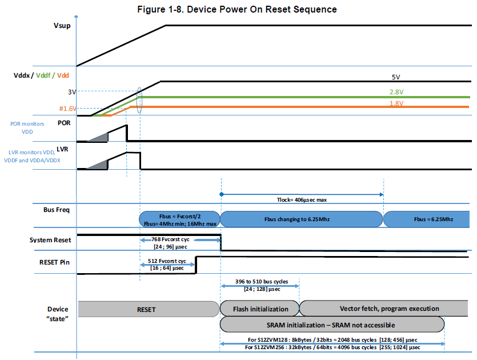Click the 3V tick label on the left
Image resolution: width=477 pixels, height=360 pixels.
coord(71,91)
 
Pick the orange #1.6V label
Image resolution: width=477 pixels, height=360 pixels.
coord(67,108)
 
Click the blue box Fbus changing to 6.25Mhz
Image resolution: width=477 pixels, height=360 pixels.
coord(301,219)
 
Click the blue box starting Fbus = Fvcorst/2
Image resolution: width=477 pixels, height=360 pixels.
coord(179,219)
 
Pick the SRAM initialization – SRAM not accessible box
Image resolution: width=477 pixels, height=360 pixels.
coord(331,325)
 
